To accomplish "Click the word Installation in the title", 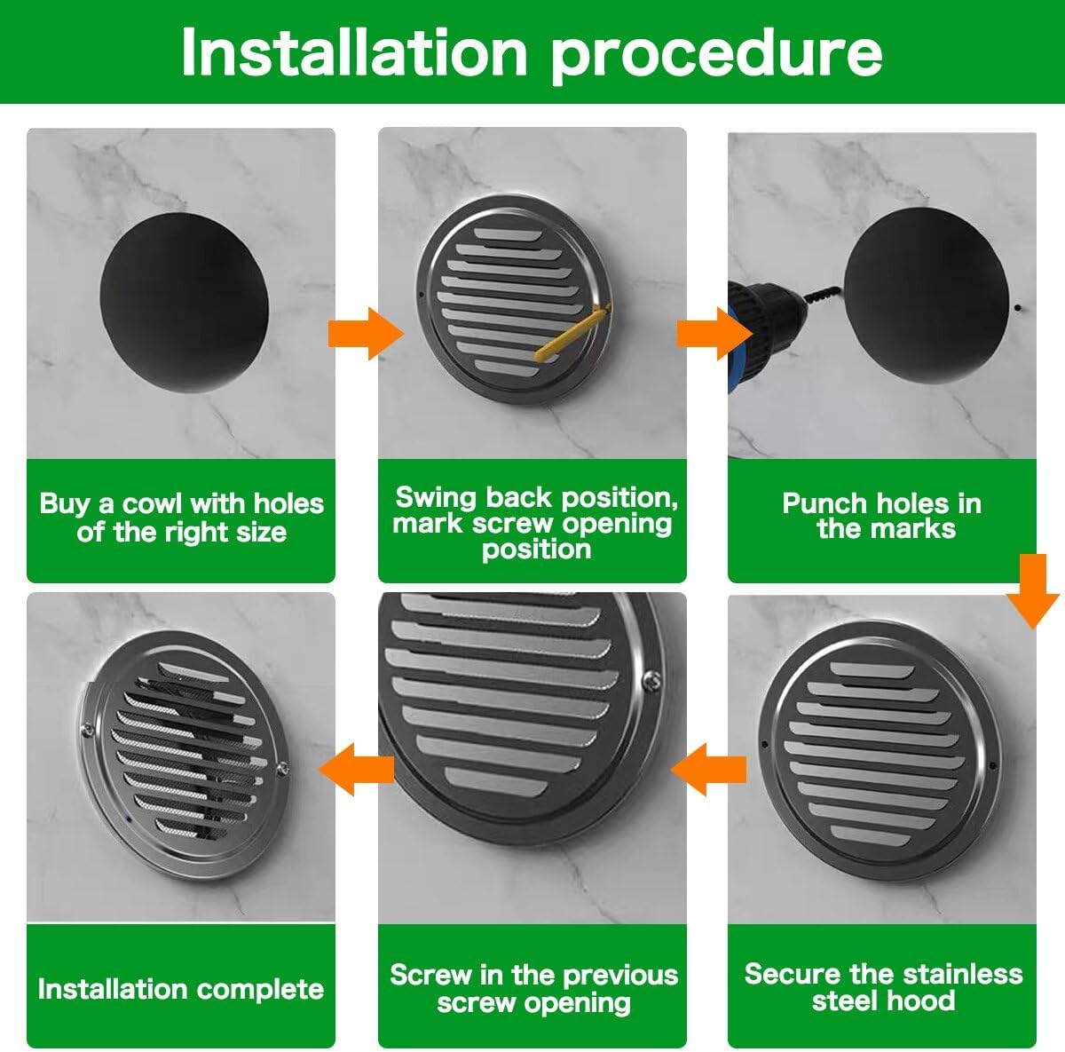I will (354, 53).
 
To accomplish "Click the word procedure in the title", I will (717, 53).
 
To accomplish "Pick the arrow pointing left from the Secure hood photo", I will (707, 769).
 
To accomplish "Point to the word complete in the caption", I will (258, 989).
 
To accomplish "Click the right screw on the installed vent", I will (282, 769).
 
